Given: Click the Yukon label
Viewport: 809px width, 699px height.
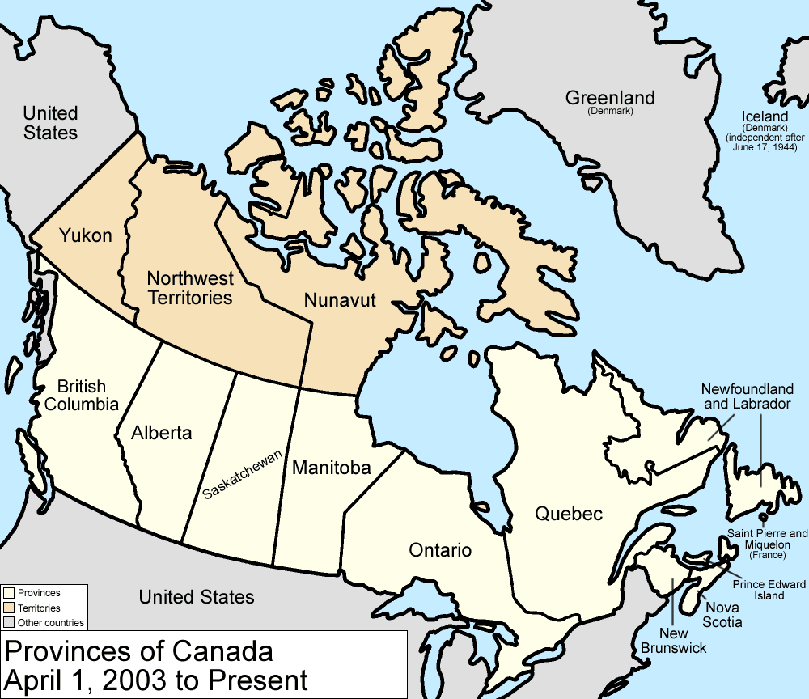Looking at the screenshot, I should (85, 235).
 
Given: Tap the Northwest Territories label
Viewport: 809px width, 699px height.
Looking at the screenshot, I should (190, 288).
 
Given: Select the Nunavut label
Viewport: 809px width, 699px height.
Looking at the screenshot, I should (340, 300).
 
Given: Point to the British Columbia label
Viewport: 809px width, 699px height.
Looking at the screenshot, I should (82, 396).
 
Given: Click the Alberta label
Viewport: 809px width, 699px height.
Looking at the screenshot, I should (162, 433).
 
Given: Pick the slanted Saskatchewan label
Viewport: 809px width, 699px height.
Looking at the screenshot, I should (243, 473).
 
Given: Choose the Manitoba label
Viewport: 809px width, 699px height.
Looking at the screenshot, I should (331, 468).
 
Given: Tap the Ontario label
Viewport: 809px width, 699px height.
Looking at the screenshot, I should (439, 550).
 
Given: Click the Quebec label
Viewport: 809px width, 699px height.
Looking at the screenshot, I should (568, 514).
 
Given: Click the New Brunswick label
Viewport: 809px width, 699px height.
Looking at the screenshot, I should (673, 640).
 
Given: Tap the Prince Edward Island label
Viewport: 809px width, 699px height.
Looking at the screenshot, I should (769, 590).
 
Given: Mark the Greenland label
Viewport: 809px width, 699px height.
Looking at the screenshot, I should (610, 98).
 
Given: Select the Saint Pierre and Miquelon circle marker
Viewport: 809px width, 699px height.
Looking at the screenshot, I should (762, 516).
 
